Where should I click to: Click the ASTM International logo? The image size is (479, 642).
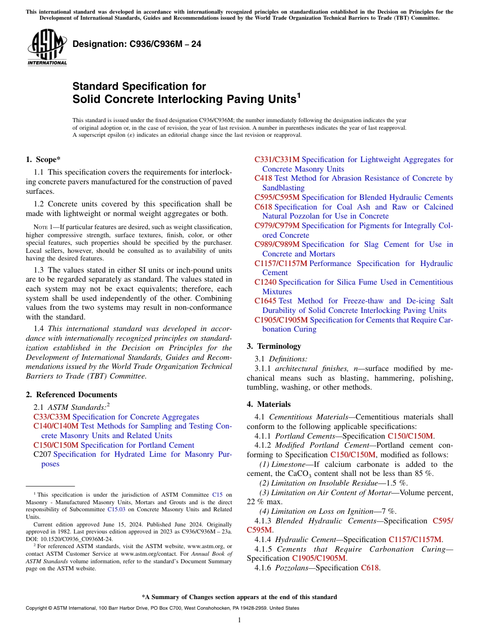[x=47, y=48]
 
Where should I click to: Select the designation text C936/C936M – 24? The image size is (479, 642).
[x=137, y=44]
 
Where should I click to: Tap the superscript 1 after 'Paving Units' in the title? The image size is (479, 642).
[x=298, y=94]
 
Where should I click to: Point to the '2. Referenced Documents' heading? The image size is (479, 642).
[x=71, y=395]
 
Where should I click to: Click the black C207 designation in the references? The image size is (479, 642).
[x=42, y=454]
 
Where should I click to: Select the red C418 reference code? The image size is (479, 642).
[x=263, y=178]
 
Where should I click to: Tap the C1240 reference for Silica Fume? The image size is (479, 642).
[x=265, y=282]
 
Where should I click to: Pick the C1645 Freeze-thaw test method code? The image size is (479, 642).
[x=265, y=301]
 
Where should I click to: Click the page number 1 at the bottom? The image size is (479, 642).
[x=239, y=620]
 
